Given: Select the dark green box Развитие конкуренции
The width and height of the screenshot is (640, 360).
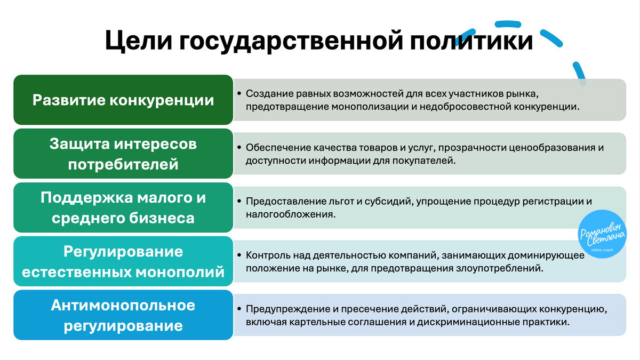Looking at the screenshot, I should (123, 100).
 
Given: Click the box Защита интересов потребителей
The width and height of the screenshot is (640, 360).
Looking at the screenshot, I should (123, 154).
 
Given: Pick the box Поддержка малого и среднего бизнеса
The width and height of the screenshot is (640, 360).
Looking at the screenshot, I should (123, 207).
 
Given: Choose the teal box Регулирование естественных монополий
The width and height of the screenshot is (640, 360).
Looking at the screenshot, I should (123, 261).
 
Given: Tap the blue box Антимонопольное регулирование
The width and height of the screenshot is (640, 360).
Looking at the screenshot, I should (123, 315).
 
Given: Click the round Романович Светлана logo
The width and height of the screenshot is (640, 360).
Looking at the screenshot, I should (603, 235).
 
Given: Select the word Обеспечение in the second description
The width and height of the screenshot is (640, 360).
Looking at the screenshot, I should (275, 148).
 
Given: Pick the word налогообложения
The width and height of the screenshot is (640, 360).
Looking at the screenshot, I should (290, 214).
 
